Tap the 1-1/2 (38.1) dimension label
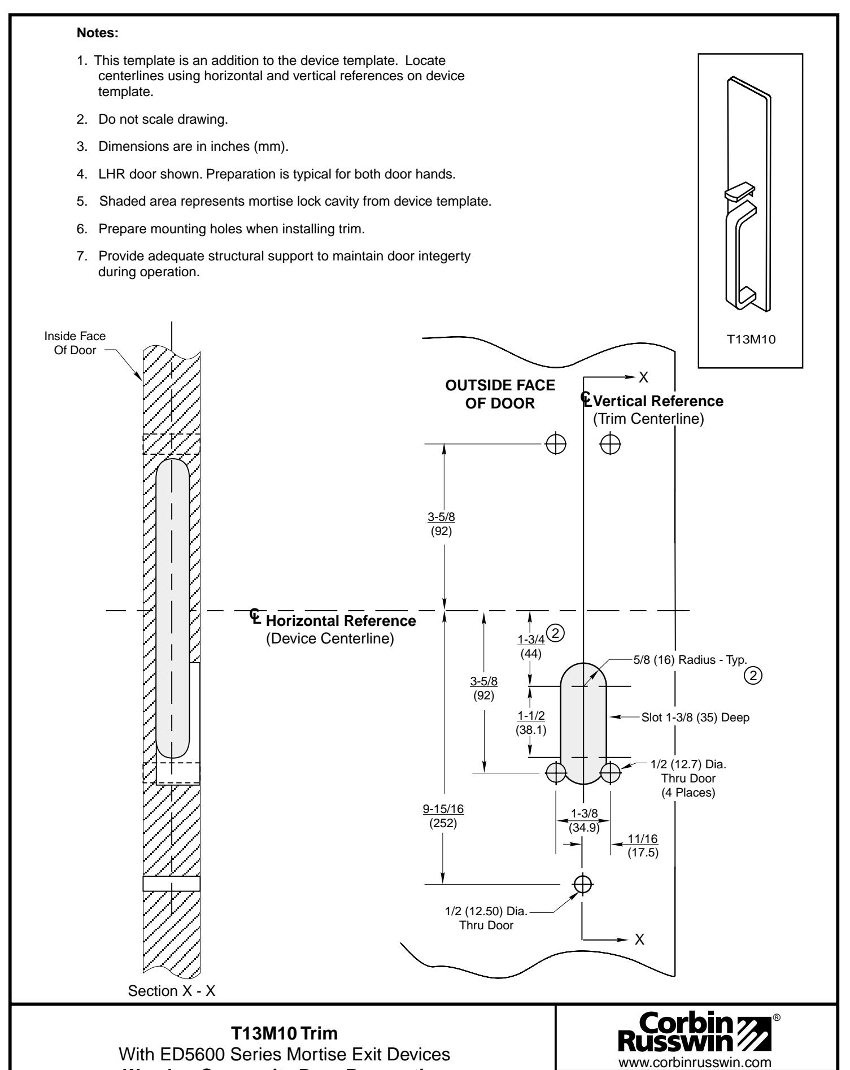pos(530,722)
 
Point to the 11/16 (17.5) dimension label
pos(643,845)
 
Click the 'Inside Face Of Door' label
pos(75,342)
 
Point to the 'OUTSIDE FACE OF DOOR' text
pos(500,394)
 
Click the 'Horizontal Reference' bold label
pos(341,621)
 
